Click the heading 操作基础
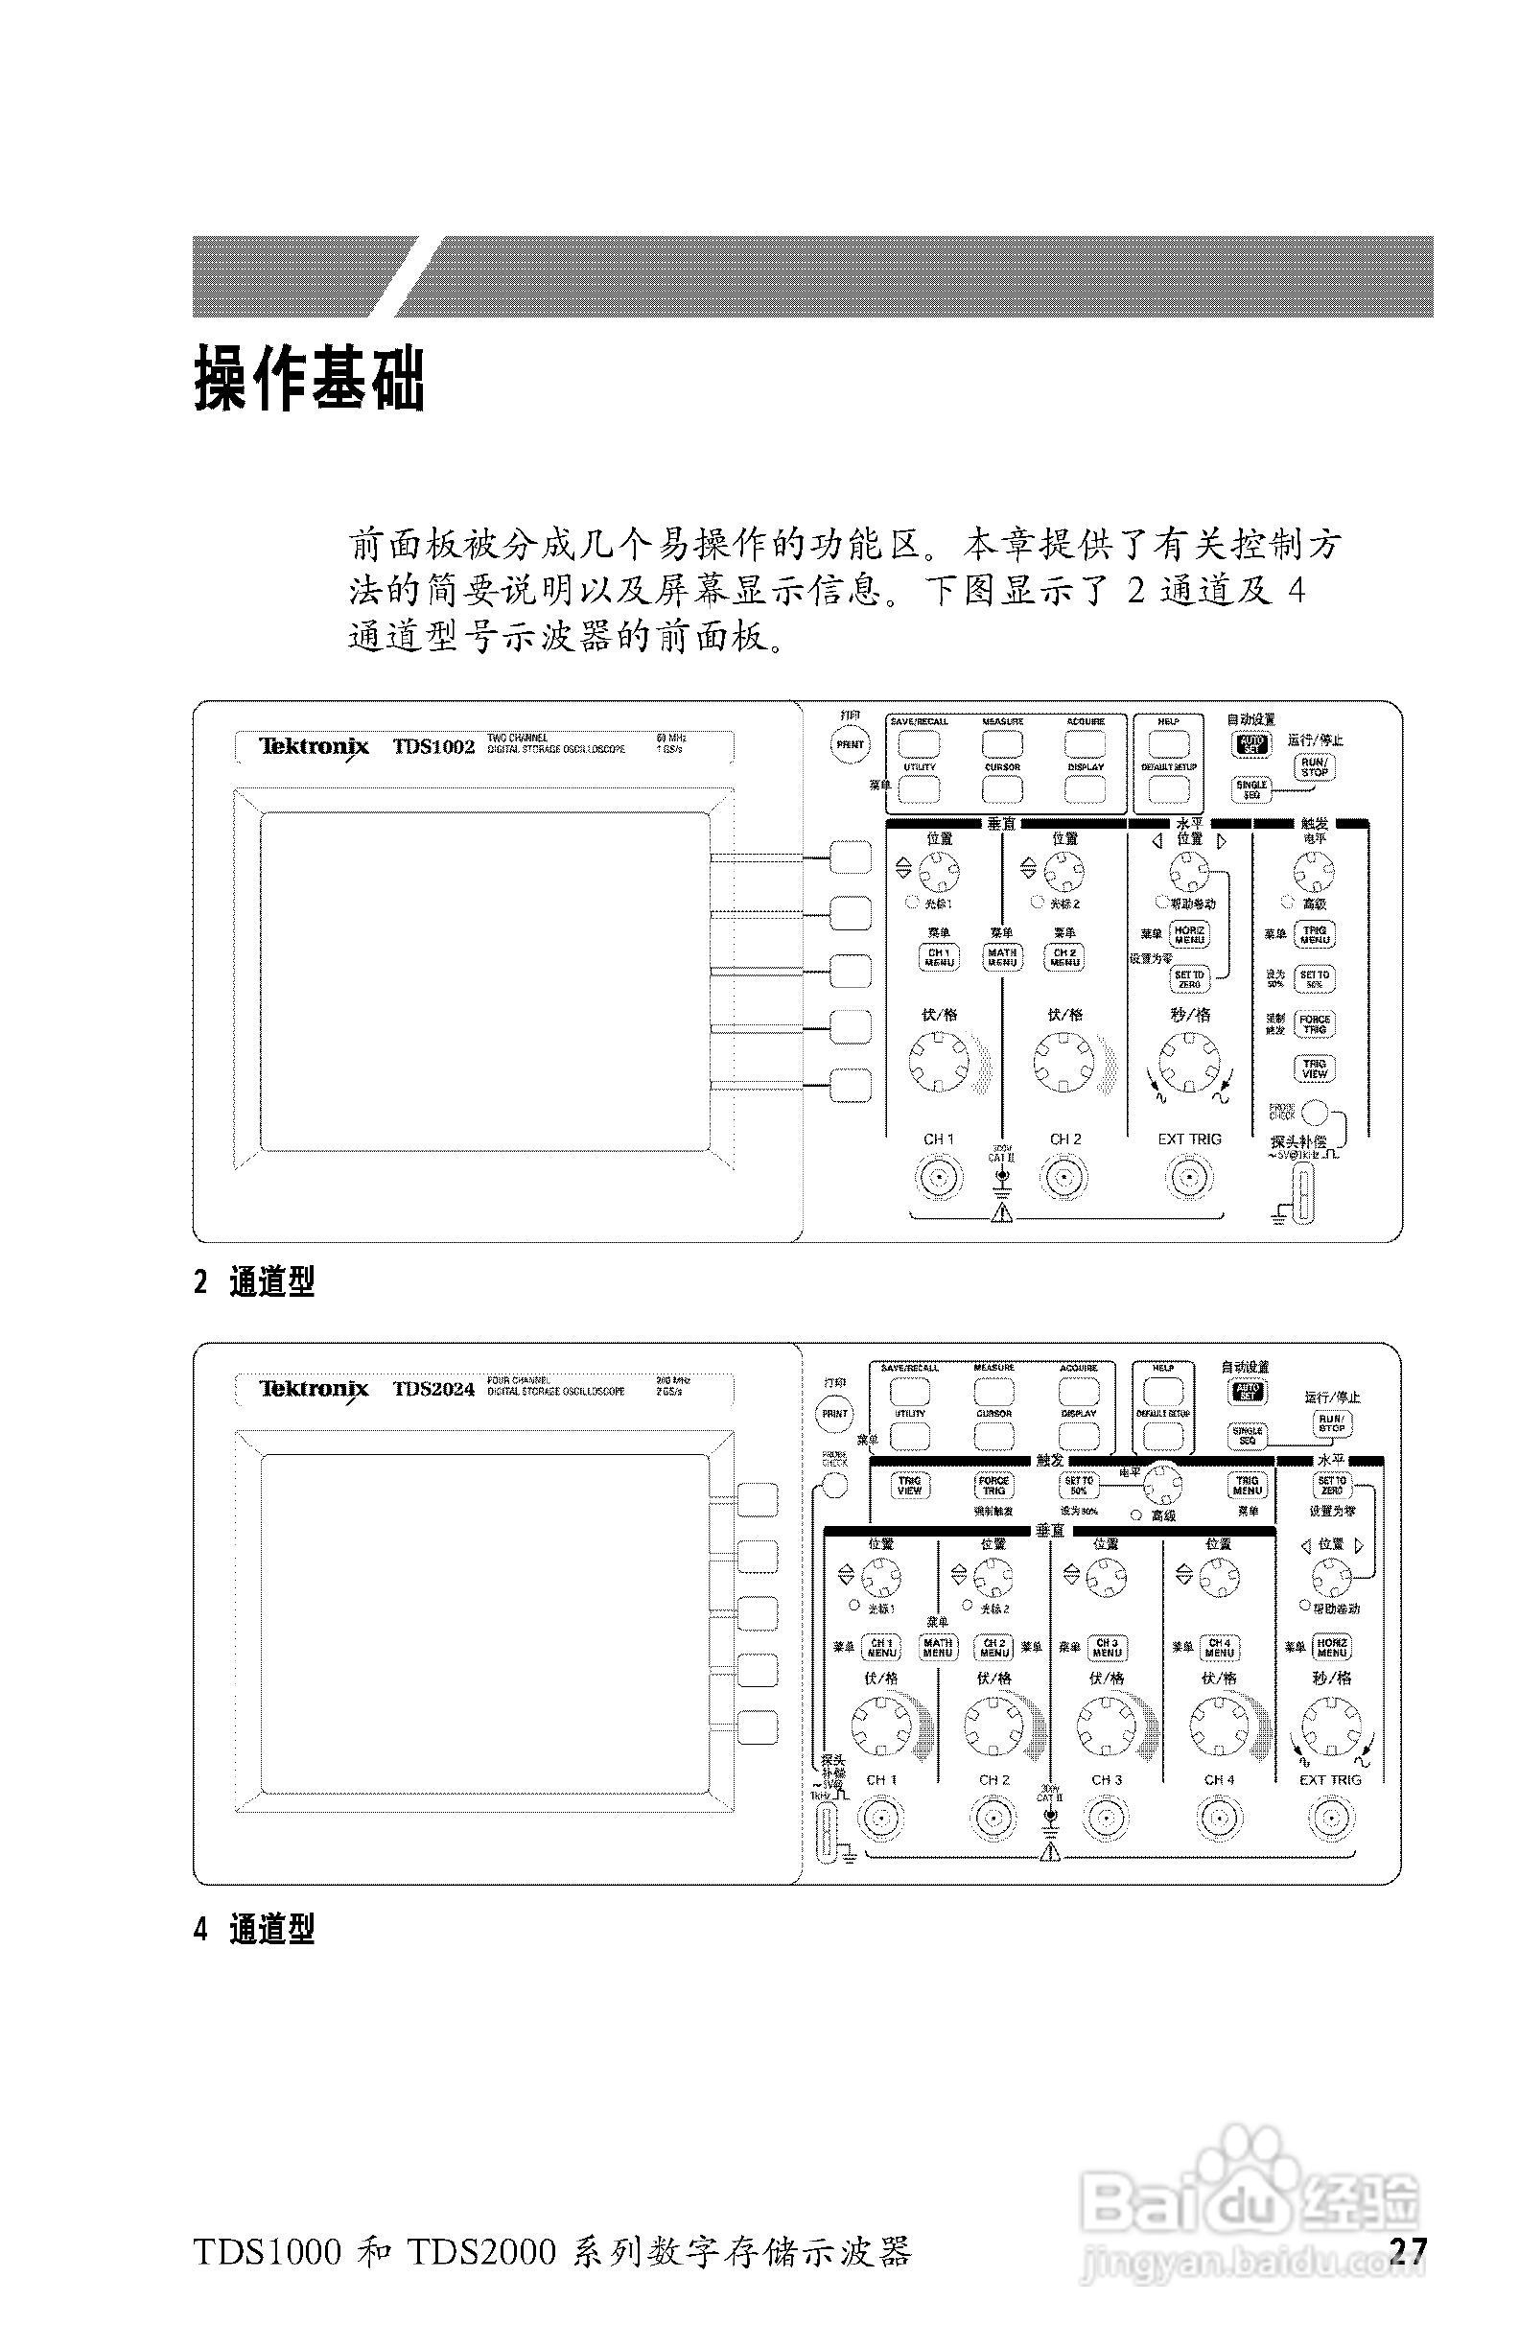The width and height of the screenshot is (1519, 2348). click(x=309, y=379)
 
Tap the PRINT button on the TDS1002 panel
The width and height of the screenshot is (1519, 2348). click(x=851, y=745)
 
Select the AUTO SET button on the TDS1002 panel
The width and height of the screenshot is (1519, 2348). click(x=1250, y=745)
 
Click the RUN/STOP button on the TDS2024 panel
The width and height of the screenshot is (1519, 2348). click(x=1332, y=1423)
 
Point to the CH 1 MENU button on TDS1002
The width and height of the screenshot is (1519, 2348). click(x=939, y=957)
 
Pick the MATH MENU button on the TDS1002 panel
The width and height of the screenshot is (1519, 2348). click(x=1002, y=957)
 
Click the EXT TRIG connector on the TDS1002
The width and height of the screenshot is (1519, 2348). click(x=1189, y=1177)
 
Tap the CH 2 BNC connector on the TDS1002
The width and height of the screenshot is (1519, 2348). click(x=1064, y=1177)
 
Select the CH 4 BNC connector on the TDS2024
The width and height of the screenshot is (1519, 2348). click(x=1219, y=1819)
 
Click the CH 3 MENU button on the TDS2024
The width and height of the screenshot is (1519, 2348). click(x=1107, y=1647)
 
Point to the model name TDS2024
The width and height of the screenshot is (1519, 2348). click(x=433, y=1390)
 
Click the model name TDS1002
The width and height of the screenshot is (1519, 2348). click(x=433, y=747)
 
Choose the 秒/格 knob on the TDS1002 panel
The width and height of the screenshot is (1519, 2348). click(x=1189, y=1063)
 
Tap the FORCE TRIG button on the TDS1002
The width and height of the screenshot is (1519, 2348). click(x=1315, y=1024)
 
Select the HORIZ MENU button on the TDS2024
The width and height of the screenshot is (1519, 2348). click(x=1332, y=1647)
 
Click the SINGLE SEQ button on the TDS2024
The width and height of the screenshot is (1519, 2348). click(x=1248, y=1436)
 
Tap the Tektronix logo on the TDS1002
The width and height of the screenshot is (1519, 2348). click(x=314, y=747)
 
